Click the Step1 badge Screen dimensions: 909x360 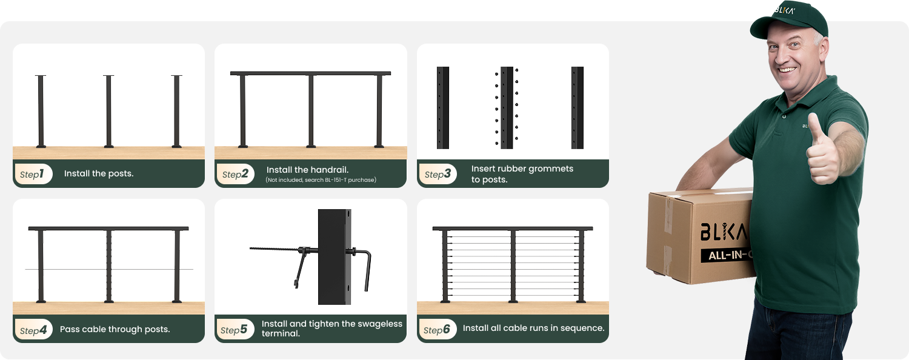click(33, 174)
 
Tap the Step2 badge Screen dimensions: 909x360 click(235, 174)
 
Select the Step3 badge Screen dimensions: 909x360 click(438, 174)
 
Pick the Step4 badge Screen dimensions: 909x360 click(34, 329)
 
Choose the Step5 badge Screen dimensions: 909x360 click(235, 329)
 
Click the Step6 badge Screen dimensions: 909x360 click(437, 329)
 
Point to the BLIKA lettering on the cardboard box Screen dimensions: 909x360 click(723, 232)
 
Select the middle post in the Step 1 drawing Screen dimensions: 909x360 click(108, 111)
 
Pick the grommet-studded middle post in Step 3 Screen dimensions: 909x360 click(507, 107)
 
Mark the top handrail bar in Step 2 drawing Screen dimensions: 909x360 click(310, 73)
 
